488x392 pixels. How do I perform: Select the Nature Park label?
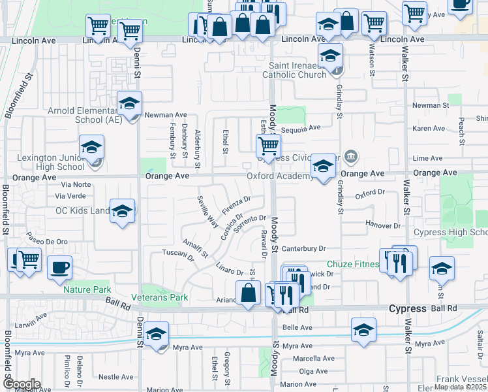click(x=87, y=289)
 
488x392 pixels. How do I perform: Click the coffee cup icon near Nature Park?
click(x=60, y=267)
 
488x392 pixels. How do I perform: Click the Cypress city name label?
click(x=407, y=308)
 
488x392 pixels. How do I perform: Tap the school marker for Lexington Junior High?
click(x=91, y=147)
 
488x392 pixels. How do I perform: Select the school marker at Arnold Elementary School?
click(x=129, y=103)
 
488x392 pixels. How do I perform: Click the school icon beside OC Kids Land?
click(x=122, y=211)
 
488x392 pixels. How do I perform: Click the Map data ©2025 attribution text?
click(x=460, y=387)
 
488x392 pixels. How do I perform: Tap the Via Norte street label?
click(x=73, y=185)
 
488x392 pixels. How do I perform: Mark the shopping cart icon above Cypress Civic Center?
click(x=267, y=146)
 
